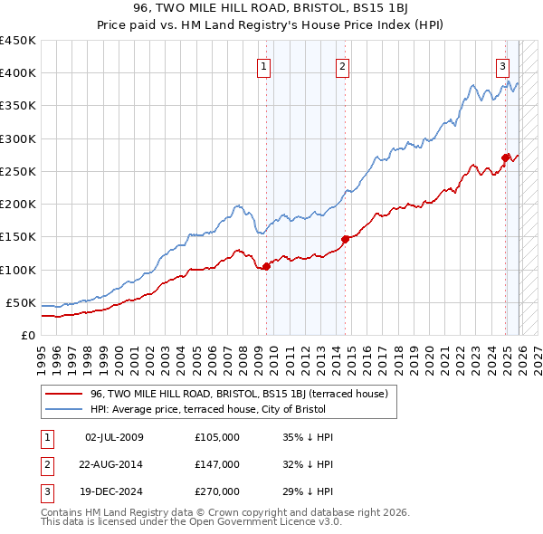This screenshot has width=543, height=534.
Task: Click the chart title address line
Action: point(271,8)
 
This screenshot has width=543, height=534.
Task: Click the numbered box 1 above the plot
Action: point(263,65)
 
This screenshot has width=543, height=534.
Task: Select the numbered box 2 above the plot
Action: point(343,65)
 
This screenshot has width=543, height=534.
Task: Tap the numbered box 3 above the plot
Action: point(502,65)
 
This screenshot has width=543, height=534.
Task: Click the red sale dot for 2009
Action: point(266,266)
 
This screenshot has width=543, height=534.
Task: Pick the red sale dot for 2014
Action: point(346,239)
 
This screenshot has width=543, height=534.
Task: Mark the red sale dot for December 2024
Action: point(506,157)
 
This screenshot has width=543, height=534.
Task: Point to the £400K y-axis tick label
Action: point(18,73)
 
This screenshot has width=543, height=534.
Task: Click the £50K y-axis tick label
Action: point(22,302)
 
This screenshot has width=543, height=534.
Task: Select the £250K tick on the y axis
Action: point(18,171)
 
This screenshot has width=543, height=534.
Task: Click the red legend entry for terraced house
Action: point(239,394)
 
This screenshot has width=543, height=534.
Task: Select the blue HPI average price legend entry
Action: point(213,409)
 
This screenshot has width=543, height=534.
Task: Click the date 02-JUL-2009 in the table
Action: point(114,437)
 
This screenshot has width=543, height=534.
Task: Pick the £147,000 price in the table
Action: point(216,464)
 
